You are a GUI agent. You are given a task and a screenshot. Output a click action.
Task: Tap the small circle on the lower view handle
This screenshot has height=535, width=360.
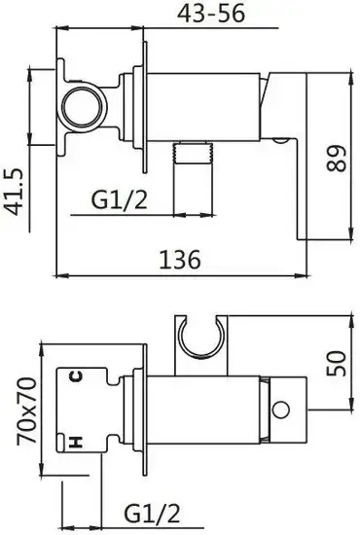click(284, 410)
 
